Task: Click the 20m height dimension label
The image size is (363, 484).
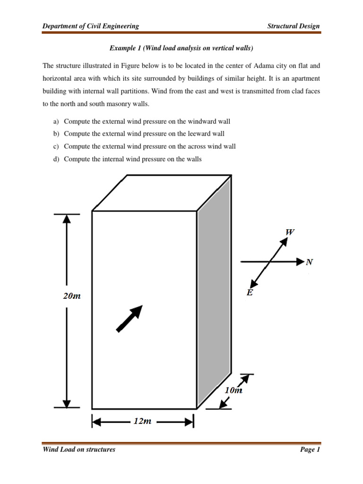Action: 72,296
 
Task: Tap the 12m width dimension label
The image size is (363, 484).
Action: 142,421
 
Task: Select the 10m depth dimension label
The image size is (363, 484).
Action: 233,390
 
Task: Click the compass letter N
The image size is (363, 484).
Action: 309,262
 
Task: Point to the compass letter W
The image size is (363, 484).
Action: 290,232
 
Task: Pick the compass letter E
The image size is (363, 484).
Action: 250,293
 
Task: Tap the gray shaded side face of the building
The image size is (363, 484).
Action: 214,293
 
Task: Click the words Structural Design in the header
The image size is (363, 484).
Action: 293,26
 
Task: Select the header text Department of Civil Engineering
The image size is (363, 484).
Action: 91,26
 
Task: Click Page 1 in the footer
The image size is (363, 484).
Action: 310,449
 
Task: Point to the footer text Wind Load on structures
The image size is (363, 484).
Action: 79,449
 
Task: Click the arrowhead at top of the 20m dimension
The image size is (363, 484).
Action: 67,218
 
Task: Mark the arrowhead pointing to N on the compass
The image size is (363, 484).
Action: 300,261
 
